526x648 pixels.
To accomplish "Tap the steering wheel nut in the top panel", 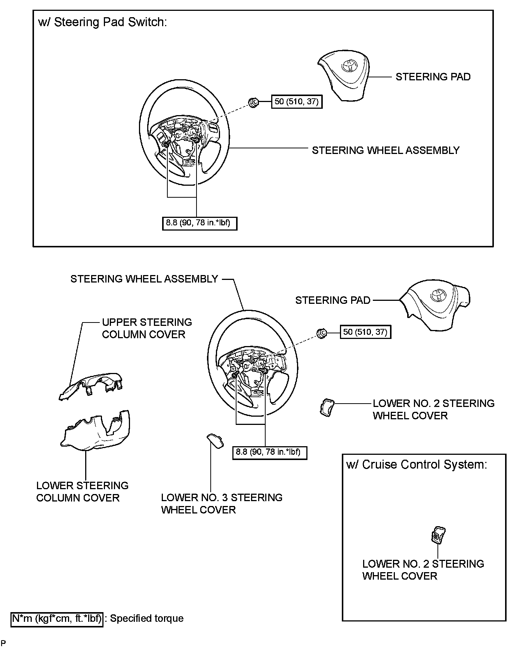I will click(x=253, y=102).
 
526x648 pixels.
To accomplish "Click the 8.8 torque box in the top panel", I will click(x=199, y=223).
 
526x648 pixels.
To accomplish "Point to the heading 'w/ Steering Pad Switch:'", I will click(x=102, y=22).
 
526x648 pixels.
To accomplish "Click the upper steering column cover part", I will click(x=92, y=386).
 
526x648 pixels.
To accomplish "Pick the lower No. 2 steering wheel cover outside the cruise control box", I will click(x=327, y=407).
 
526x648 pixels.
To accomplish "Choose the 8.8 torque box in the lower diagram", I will click(x=269, y=452).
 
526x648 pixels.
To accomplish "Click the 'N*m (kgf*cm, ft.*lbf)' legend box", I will click(x=57, y=618).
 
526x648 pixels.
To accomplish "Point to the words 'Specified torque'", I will click(x=147, y=618).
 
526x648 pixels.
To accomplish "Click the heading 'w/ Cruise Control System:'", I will click(x=417, y=465).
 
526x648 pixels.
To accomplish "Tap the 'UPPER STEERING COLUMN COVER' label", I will click(x=146, y=328).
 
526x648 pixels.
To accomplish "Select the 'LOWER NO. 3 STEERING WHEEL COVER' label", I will click(x=222, y=503).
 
